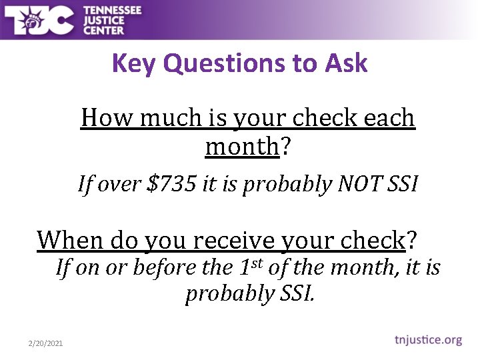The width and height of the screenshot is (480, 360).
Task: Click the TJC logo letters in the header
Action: click(38, 20)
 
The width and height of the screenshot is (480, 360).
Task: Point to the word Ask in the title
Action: click(346, 64)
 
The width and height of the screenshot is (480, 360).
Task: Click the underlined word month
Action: click(241, 146)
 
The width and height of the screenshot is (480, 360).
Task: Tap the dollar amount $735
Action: click(170, 184)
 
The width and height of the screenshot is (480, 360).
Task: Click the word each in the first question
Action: click(389, 119)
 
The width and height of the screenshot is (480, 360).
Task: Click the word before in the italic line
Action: click(163, 268)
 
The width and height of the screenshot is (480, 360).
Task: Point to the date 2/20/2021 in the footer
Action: click(45, 343)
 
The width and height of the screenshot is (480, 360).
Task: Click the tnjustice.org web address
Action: click(426, 340)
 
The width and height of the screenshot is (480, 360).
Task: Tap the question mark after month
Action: click(285, 146)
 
